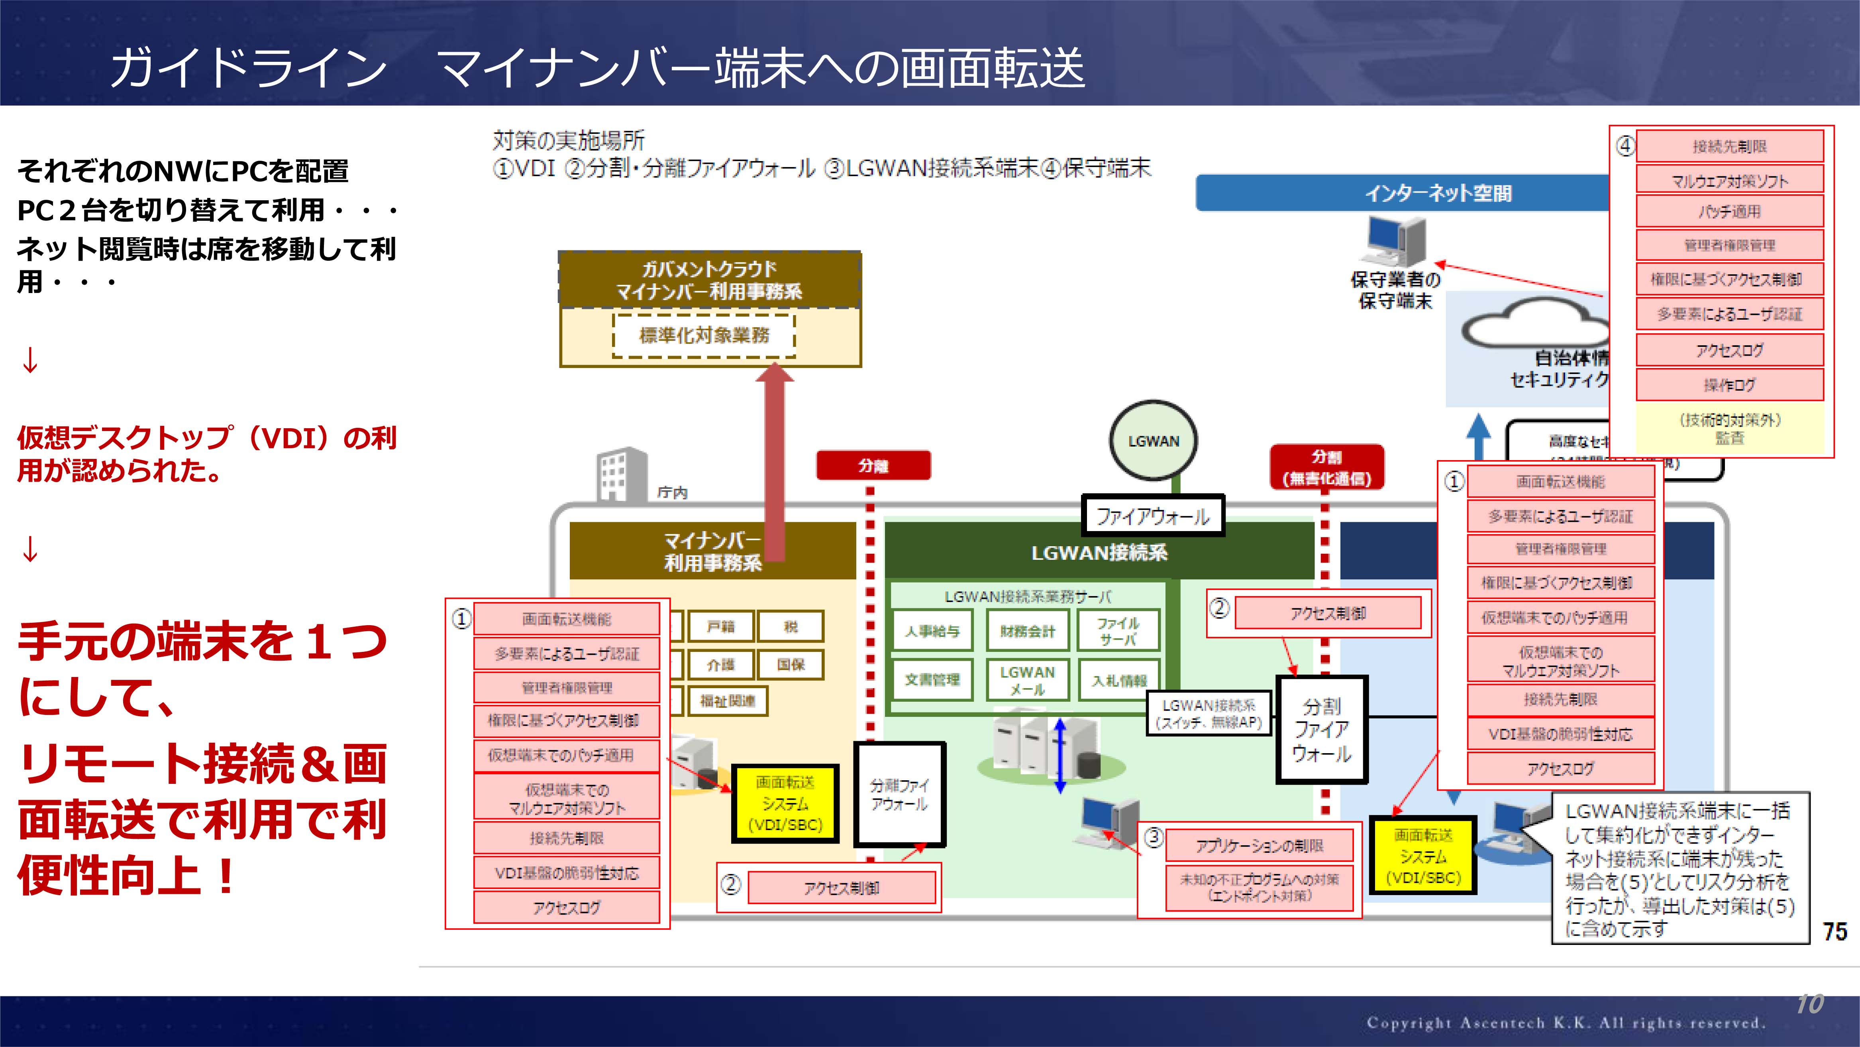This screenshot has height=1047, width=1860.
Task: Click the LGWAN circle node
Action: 1153,441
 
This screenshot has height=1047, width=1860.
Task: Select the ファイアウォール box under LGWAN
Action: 1152,516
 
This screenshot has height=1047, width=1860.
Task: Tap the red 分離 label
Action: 873,465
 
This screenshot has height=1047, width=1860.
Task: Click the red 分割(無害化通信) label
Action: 1326,468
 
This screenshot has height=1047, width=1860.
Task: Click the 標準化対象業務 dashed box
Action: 704,335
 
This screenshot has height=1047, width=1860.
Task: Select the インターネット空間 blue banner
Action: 1437,193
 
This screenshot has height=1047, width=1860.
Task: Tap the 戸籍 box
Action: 720,626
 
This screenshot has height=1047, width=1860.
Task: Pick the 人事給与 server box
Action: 932,631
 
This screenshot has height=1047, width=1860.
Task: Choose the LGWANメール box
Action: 1027,680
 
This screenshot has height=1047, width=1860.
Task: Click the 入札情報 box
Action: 1118,680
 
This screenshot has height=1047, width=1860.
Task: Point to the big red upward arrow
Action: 775,462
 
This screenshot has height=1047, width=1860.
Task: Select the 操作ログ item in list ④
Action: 1729,384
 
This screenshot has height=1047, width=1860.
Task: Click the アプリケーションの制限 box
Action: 1259,845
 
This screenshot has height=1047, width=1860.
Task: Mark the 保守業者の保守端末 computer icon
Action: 1393,242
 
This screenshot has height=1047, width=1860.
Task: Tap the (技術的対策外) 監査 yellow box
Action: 1729,429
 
